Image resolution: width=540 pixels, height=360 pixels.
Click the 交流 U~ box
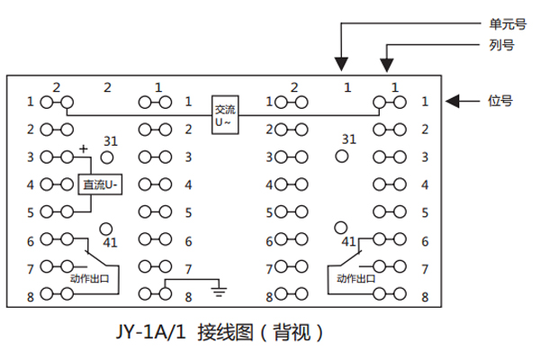coord(225,115)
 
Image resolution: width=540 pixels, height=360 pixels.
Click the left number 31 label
coord(111,141)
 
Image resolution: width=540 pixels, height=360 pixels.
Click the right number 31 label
coord(349,139)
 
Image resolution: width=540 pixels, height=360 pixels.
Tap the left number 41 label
coord(112,243)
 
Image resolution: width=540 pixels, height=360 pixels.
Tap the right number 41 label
coord(349,242)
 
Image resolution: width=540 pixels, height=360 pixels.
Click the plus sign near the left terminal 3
coord(84,147)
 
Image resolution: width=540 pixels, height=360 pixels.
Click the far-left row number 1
coord(30,102)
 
